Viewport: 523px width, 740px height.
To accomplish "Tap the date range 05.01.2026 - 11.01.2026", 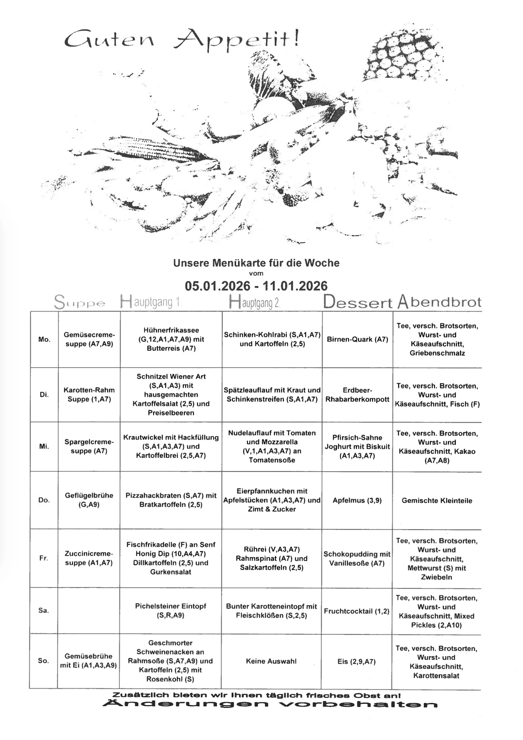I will [x=256, y=286].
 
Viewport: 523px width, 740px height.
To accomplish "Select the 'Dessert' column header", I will [x=357, y=302].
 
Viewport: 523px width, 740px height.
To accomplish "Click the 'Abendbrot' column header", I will [x=439, y=302].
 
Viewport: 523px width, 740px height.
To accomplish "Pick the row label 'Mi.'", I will [x=44, y=447].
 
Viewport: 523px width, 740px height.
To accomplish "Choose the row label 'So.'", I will [x=43, y=660].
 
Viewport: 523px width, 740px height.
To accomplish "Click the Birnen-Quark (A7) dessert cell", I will [x=357, y=339].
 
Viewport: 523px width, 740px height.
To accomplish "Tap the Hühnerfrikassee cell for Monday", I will [x=171, y=339].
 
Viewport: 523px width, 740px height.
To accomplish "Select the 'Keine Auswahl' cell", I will [x=272, y=661].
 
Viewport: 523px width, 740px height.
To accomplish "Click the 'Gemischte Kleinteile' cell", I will [x=437, y=501].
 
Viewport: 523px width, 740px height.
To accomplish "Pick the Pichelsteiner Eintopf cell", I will [x=171, y=610].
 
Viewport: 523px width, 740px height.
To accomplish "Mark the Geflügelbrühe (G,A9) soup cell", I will [x=89, y=500].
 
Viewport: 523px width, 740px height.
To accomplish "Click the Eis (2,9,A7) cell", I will [x=357, y=662].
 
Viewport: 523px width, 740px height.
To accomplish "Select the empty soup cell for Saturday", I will [x=89, y=610].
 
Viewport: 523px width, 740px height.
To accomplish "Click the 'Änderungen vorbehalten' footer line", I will [x=270, y=704].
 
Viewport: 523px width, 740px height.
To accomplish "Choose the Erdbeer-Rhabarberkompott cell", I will [x=357, y=395].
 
